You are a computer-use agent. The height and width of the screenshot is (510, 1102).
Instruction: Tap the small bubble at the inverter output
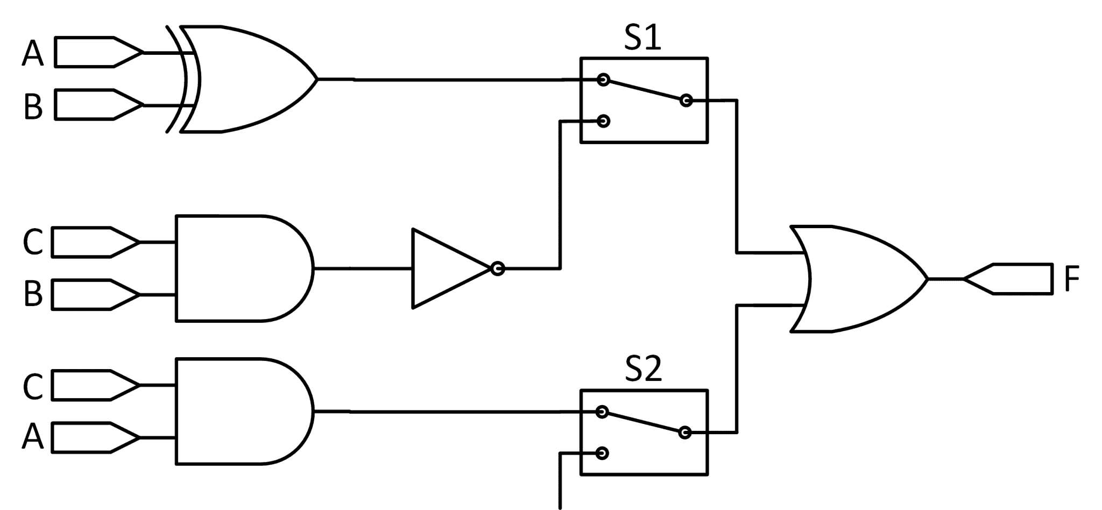click(x=498, y=268)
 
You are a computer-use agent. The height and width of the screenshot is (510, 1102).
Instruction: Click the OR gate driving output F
click(x=856, y=279)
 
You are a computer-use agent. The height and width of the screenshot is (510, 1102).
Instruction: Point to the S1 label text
click(x=642, y=39)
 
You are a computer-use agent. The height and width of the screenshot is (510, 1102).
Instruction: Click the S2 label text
click(x=643, y=370)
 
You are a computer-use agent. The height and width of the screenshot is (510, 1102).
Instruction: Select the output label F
click(x=1071, y=279)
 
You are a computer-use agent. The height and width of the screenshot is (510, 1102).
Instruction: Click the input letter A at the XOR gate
click(x=32, y=53)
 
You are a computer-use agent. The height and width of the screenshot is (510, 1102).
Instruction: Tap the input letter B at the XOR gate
click(x=33, y=106)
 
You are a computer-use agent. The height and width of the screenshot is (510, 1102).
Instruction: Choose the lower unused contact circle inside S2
click(x=603, y=453)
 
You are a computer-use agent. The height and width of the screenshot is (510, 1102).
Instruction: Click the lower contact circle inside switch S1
click(x=603, y=121)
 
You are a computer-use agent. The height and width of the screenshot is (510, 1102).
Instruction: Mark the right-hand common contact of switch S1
click(x=686, y=100)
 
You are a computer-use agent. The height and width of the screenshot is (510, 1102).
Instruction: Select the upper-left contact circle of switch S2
click(x=603, y=412)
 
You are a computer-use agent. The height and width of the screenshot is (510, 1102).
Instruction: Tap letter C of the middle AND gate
click(x=33, y=243)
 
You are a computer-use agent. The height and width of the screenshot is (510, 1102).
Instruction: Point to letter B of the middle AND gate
click(x=33, y=295)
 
